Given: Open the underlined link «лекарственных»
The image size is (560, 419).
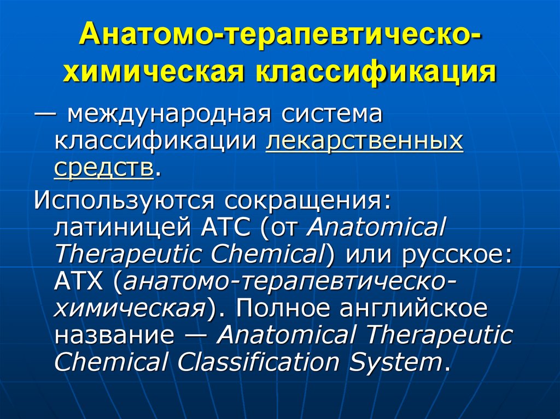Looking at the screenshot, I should click(x=365, y=142).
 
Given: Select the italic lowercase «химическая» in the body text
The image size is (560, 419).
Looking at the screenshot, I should click(x=129, y=308).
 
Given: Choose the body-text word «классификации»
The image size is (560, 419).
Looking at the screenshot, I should click(x=156, y=142).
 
